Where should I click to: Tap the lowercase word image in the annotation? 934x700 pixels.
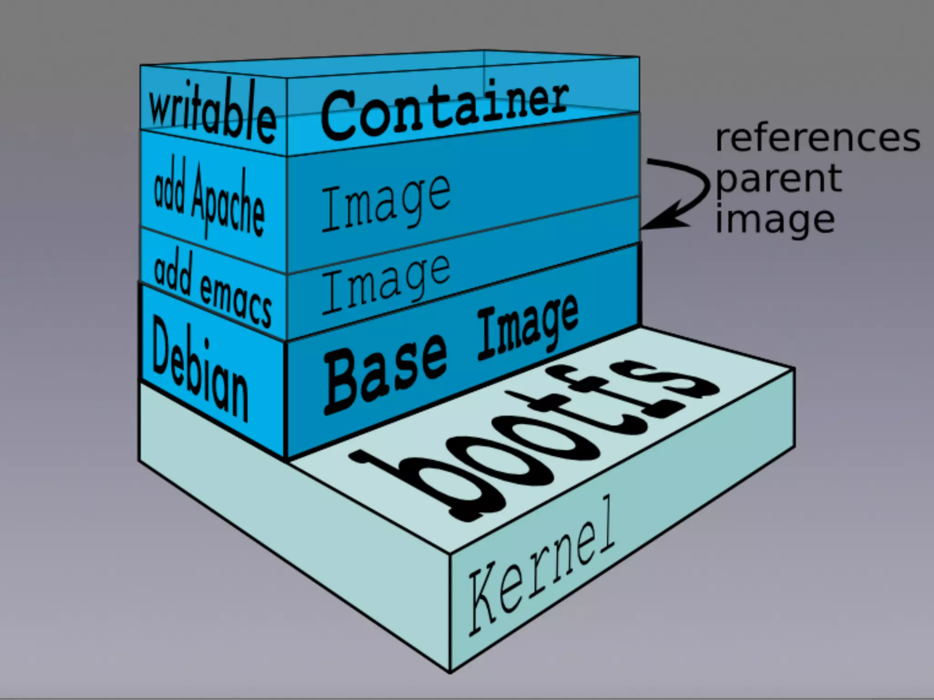click(775, 219)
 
